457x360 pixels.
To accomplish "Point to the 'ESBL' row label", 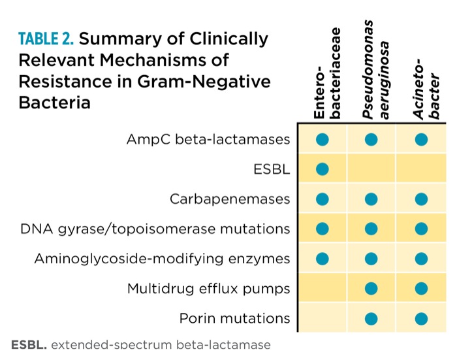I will (272, 169).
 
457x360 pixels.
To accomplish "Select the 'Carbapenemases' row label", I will (230, 199).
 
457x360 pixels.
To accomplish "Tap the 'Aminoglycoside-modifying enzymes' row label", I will (162, 259).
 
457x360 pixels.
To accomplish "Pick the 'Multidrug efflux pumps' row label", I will (208, 288).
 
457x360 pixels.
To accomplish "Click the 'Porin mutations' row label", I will (234, 318).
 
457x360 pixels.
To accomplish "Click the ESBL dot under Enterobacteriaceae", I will (323, 169).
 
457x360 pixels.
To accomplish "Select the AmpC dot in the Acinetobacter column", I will (421, 139).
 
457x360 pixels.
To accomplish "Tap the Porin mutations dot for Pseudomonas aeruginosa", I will (371, 318).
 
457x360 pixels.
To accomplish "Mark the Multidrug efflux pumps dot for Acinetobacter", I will (421, 288).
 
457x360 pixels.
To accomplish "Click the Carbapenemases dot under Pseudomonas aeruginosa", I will (371, 199).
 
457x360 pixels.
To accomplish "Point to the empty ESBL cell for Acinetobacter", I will (421, 169).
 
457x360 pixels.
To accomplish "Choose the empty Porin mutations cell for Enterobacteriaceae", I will (323, 318).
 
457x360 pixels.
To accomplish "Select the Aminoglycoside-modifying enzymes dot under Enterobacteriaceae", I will (323, 259).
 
